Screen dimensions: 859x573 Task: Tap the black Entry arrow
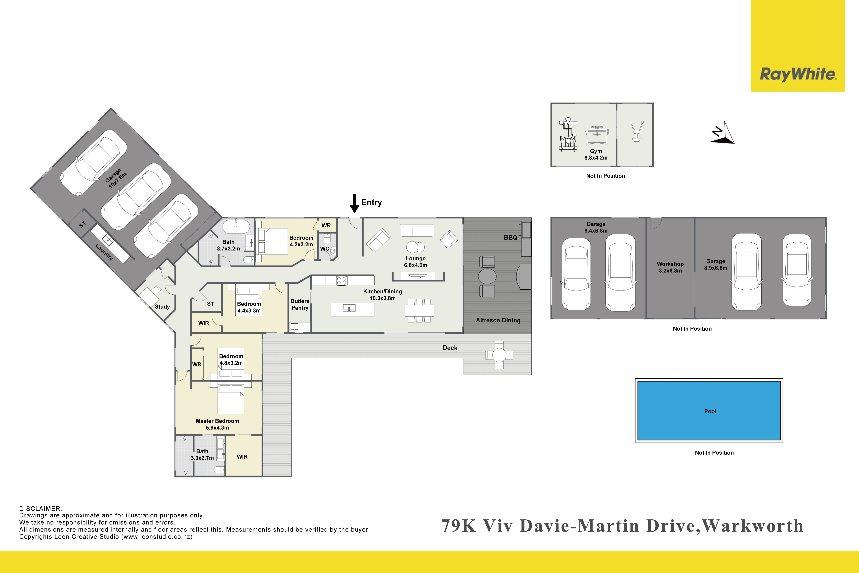pyautogui.click(x=354, y=204)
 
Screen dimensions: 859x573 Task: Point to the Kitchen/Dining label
pyautogui.click(x=382, y=295)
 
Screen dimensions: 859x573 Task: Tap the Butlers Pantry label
pyautogui.click(x=300, y=304)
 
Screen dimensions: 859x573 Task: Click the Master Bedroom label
pyautogui.click(x=217, y=424)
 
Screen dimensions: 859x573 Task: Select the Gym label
pyautogui.click(x=596, y=154)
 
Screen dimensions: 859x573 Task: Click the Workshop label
pyautogui.click(x=670, y=267)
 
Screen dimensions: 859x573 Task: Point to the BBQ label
pyautogui.click(x=511, y=238)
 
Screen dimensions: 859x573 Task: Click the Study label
pyautogui.click(x=162, y=307)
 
